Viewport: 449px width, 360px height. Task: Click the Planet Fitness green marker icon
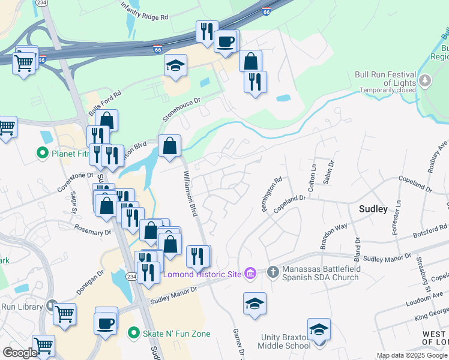43,154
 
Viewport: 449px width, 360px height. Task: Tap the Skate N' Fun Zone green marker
134,332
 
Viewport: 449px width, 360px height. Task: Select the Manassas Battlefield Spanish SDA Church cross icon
273,273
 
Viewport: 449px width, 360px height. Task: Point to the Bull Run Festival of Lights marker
425,80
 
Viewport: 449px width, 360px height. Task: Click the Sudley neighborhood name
373,209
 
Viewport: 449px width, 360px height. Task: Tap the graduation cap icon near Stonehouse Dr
175,66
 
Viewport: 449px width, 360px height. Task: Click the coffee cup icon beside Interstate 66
226,42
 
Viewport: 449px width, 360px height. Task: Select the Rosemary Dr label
92,229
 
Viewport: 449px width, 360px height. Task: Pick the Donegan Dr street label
90,281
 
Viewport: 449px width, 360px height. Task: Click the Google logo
20,353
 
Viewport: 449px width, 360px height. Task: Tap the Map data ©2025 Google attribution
412,355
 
